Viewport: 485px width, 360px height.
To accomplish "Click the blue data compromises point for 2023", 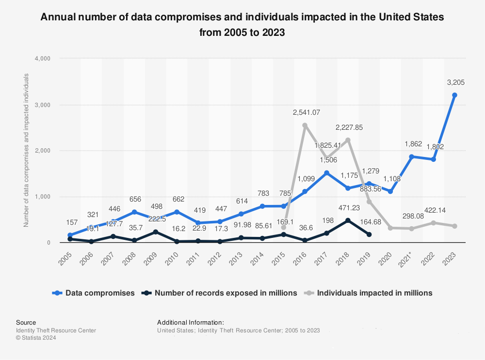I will point(454,95).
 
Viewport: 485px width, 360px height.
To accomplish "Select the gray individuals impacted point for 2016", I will point(305,125).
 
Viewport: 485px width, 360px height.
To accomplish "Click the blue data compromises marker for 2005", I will point(69,235).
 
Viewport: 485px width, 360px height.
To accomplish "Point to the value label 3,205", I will point(455,82).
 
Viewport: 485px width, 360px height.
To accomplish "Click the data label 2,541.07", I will point(307,112).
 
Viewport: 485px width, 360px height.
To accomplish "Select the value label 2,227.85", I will point(349,127).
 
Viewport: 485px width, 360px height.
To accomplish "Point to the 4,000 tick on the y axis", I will point(42,58).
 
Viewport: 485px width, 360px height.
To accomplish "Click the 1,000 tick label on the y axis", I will point(42,197).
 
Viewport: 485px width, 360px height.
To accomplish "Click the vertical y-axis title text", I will point(26,150).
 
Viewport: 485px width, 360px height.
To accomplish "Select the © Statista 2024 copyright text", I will point(36,338).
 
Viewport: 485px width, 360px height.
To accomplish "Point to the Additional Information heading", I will point(190,322).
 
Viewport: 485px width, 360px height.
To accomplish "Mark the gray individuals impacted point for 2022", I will point(433,223).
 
